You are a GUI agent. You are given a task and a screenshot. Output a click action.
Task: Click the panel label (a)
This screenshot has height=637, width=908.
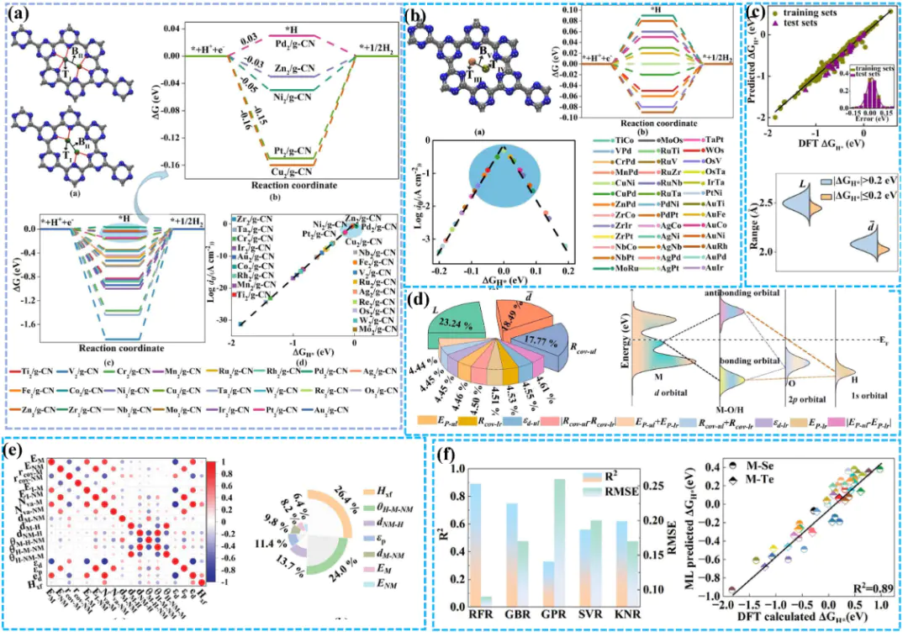click(x=19, y=13)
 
